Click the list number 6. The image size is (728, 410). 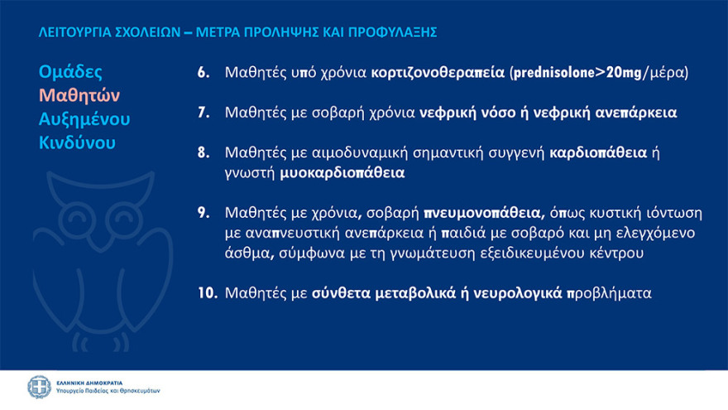pyautogui.click(x=203, y=72)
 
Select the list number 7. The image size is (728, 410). pyautogui.click(x=203, y=113)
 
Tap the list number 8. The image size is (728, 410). pyautogui.click(x=203, y=153)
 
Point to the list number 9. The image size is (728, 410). pyautogui.click(x=203, y=212)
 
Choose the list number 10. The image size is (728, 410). pyautogui.click(x=206, y=292)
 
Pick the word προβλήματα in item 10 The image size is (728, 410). pyautogui.click(x=615, y=292)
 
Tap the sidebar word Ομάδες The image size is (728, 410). pyautogui.click(x=71, y=71)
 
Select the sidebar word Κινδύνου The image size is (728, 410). pyautogui.click(x=77, y=142)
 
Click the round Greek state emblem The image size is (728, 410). pyautogui.click(x=39, y=387)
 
